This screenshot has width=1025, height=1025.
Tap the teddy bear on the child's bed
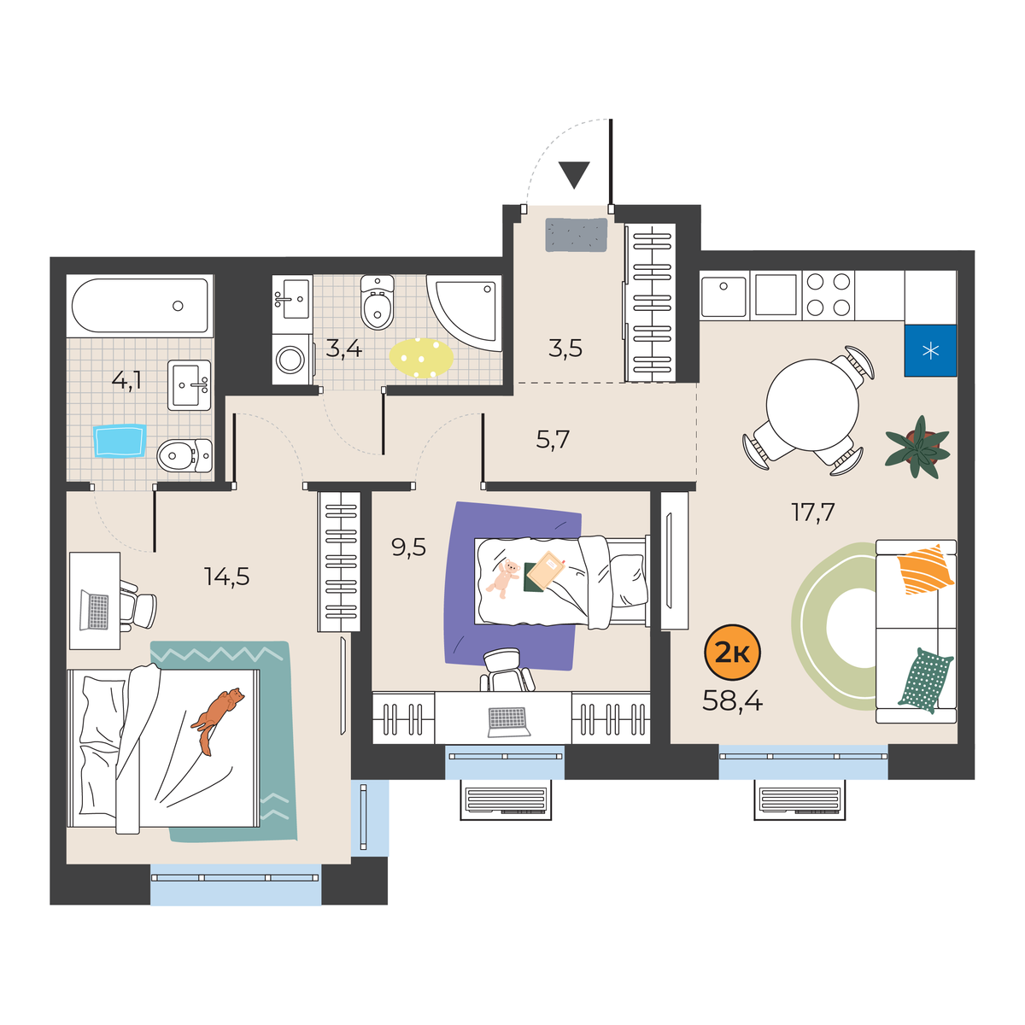tap(503, 579)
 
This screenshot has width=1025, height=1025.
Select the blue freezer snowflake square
tap(930, 350)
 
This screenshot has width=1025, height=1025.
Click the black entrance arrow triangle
tap(574, 175)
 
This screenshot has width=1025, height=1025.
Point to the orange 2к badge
tap(732, 653)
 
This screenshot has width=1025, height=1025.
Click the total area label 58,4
tap(732, 701)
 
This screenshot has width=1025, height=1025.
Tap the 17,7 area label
tap(813, 512)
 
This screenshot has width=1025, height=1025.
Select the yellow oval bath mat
tap(421, 358)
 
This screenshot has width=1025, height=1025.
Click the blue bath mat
tap(120, 441)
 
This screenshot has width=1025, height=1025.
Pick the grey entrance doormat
tap(577, 235)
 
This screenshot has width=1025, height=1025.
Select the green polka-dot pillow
tap(926, 680)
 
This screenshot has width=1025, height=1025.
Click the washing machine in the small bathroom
tap(290, 359)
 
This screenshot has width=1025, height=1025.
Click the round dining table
tap(812, 405)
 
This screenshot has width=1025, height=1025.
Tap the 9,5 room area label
tap(408, 547)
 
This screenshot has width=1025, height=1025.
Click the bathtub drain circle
tap(178, 306)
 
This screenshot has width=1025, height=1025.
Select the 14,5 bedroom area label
tap(226, 576)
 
